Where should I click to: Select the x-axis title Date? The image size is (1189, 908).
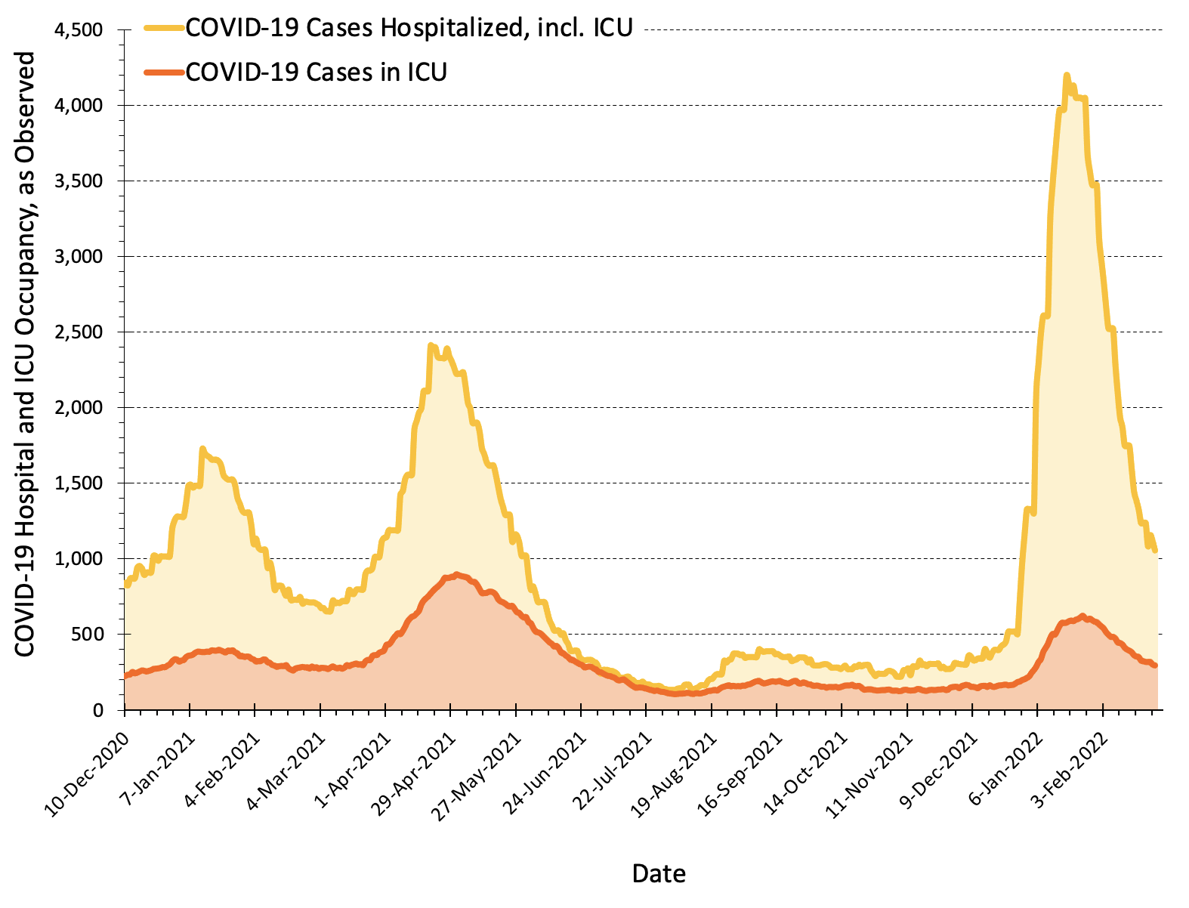(659, 874)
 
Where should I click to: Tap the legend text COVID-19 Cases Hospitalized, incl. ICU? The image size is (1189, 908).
(409, 28)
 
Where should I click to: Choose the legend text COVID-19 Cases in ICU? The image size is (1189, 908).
(316, 72)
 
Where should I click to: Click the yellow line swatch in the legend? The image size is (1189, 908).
(164, 28)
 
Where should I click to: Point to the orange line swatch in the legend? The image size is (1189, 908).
(164, 72)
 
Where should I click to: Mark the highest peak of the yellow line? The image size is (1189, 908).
(1066, 75)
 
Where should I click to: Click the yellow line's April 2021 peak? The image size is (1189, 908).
(431, 346)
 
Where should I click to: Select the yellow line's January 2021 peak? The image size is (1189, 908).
(202, 449)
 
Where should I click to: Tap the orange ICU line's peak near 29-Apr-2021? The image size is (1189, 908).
(457, 574)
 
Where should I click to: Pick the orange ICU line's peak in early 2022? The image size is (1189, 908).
(1082, 616)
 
